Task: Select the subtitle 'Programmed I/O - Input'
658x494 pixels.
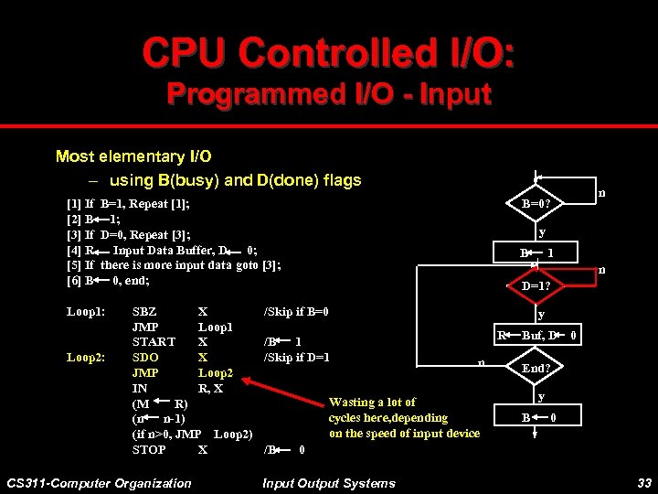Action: click(328, 93)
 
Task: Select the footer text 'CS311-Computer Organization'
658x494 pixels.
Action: click(99, 483)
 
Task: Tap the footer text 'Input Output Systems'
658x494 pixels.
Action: click(329, 483)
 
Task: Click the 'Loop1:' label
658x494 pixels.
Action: click(85, 311)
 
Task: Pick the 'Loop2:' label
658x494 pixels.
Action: click(85, 357)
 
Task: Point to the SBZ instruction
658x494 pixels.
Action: click(145, 311)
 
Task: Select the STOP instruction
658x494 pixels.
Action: click(149, 449)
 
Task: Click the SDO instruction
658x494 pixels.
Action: click(145, 357)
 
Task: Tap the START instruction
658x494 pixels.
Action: click(154, 342)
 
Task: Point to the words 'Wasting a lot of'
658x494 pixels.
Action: click(372, 402)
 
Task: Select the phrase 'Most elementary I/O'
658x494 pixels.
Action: click(133, 156)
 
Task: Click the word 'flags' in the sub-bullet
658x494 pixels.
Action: click(343, 180)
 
